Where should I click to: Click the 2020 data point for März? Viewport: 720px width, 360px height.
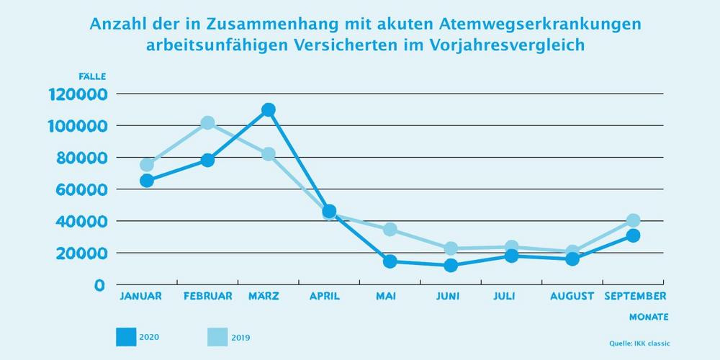[x=269, y=109]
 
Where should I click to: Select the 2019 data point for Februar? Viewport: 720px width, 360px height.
[x=207, y=123]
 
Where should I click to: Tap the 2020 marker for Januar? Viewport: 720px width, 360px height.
[x=147, y=181]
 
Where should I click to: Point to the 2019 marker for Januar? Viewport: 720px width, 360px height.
[x=147, y=165]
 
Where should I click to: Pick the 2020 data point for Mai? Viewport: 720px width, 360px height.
[x=390, y=261]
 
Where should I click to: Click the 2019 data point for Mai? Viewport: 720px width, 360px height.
[x=390, y=230]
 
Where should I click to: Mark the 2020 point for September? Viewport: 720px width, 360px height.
[x=633, y=235]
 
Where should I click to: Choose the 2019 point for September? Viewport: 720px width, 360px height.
[x=633, y=220]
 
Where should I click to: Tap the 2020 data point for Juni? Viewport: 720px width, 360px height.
[x=451, y=265]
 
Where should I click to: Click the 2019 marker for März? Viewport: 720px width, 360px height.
[x=269, y=154]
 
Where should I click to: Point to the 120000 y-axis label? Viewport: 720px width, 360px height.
[x=78, y=94]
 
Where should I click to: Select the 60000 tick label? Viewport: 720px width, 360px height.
[x=81, y=189]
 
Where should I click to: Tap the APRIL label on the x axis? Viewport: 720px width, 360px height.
[x=329, y=296]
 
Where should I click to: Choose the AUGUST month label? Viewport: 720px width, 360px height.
[x=572, y=296]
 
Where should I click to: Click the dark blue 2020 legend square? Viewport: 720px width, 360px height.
[x=125, y=336]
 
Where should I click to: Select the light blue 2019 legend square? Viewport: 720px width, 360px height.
[x=217, y=336]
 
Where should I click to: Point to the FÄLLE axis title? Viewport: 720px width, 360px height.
[x=93, y=77]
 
